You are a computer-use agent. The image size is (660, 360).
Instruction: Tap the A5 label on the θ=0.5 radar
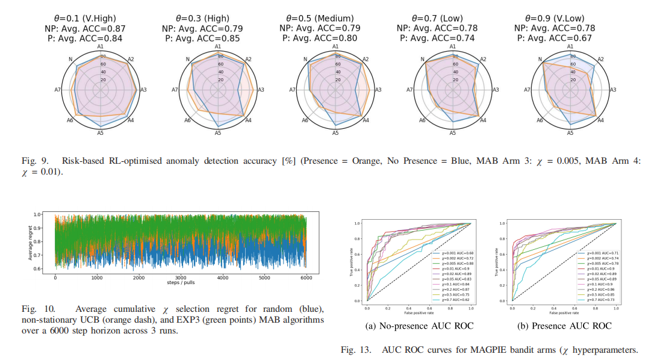click(335, 132)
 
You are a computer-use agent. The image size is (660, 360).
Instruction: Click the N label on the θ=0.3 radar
click(188, 60)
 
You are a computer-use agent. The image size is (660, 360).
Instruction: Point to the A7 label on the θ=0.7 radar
click(409, 90)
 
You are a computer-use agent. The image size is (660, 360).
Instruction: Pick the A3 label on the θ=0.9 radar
click(613, 90)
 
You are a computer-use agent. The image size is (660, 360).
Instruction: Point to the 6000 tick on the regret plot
click(305, 278)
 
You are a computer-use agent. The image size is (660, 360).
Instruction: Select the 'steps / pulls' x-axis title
click(180, 282)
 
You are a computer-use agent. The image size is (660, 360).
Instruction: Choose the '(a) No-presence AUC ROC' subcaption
click(419, 326)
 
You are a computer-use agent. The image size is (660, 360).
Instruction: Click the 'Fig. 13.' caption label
click(355, 350)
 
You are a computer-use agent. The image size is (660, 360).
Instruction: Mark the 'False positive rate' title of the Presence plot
click(564, 312)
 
